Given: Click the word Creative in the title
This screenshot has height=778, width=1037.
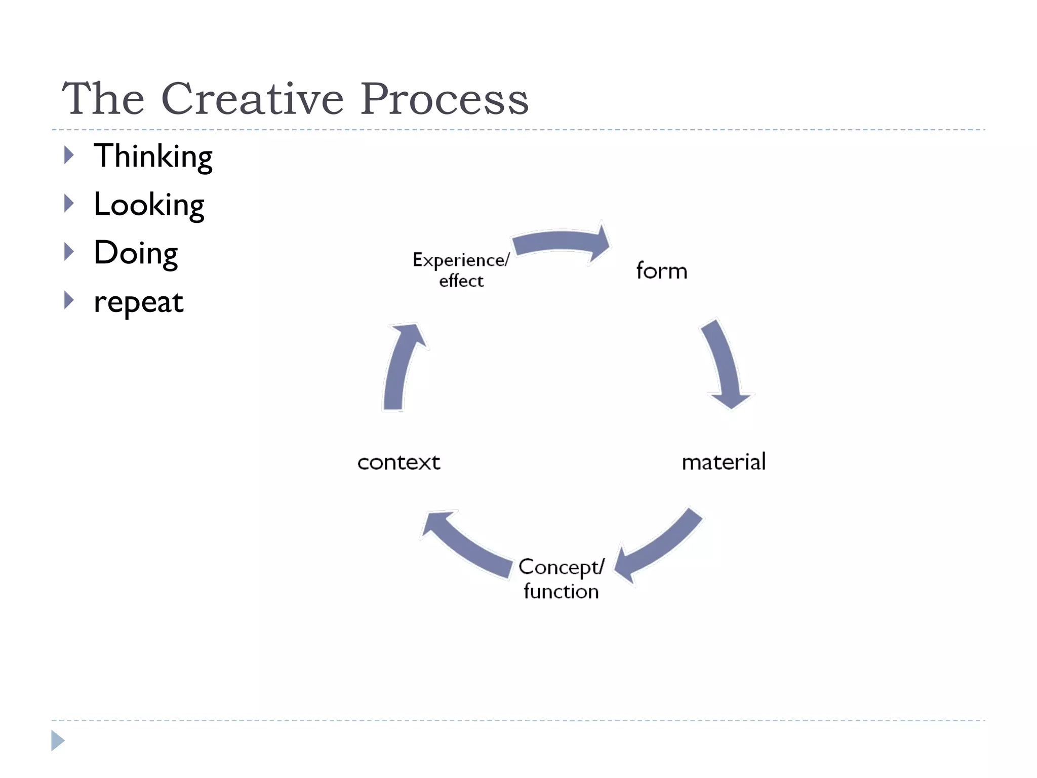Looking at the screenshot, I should [252, 99].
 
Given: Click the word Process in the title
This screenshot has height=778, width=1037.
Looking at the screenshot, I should [444, 99].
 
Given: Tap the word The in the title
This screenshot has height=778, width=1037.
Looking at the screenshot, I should [103, 99].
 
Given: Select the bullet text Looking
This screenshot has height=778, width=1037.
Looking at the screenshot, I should [149, 205].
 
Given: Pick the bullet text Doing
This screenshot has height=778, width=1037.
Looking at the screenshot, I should [136, 253].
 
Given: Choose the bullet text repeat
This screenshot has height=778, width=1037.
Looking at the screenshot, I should [138, 302].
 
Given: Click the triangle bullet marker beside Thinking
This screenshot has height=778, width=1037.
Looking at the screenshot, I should [69, 155].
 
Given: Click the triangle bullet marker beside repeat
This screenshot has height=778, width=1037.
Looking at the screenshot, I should [69, 300].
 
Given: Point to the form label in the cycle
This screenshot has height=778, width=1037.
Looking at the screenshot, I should [661, 271].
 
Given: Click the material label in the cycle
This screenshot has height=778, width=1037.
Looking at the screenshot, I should [723, 462].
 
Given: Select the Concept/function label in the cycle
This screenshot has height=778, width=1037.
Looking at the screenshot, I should [561, 579].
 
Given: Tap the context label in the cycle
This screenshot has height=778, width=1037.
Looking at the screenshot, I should [398, 462].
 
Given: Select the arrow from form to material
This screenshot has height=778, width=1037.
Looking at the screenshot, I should [724, 362].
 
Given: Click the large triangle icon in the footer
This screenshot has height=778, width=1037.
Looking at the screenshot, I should [58, 741].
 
